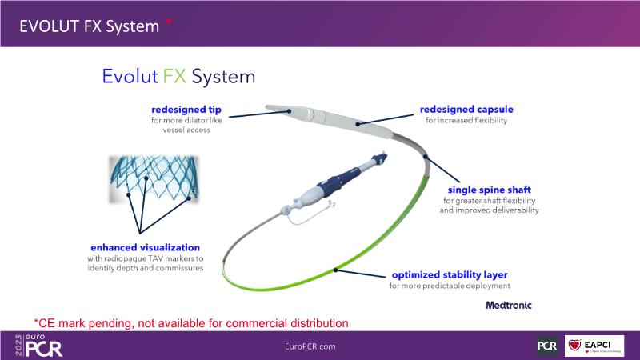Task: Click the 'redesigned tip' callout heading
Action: (x=186, y=110)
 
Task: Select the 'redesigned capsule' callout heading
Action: (x=466, y=110)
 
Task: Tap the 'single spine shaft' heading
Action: (x=490, y=190)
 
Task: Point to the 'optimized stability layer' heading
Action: (x=450, y=274)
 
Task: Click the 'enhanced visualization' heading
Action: (x=146, y=247)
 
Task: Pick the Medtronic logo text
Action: (x=509, y=305)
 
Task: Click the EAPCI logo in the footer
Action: (x=594, y=346)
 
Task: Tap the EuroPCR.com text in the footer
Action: (x=310, y=346)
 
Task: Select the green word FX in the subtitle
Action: (x=174, y=76)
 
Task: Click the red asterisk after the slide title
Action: (x=169, y=22)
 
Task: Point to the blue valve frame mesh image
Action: (x=154, y=178)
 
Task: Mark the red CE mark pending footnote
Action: (x=191, y=323)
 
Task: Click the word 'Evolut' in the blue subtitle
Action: (x=130, y=76)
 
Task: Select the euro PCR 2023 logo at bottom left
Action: (x=38, y=346)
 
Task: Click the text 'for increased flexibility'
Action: (x=466, y=121)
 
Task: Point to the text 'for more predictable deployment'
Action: (x=450, y=286)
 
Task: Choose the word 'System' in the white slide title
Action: (x=133, y=26)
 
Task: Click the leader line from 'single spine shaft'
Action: (x=442, y=169)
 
